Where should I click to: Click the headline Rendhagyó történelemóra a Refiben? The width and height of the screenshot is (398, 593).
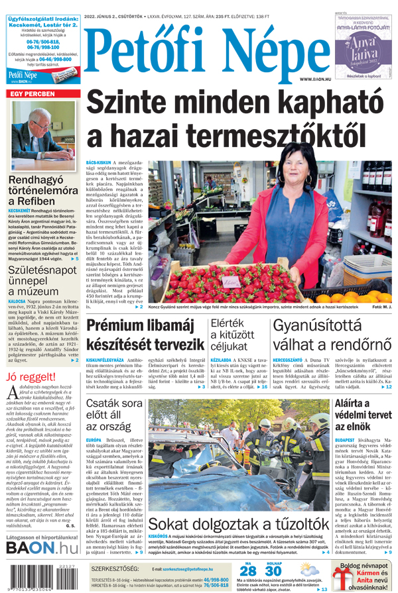point(42,190)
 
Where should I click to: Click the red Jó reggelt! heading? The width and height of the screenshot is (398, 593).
point(32,377)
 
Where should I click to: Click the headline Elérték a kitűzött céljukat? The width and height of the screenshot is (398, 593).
point(232,335)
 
